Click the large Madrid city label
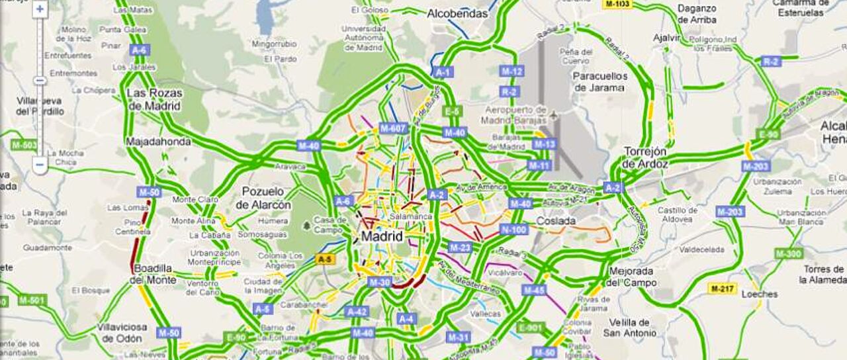382,236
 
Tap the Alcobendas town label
457,13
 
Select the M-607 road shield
394,128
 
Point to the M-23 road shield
460,247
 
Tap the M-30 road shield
380,282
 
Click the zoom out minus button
40,163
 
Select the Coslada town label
556,221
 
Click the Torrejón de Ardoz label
645,157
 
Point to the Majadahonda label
158,141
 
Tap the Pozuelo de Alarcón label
263,198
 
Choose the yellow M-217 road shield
723,289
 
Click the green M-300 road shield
788,253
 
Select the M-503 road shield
24,145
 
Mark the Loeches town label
759,294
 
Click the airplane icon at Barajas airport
554,116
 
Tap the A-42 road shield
357,312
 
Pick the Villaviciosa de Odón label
122,332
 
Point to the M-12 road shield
512,71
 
